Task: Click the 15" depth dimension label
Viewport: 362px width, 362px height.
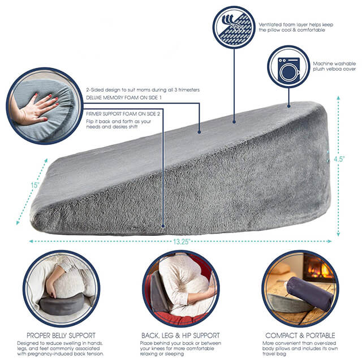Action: (x=35, y=185)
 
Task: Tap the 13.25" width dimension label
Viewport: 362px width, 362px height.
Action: (x=182, y=242)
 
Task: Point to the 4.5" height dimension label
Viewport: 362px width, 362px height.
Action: (x=339, y=159)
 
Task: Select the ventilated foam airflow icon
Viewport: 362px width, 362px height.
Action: (x=234, y=27)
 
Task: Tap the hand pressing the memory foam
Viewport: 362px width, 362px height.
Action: (x=35, y=109)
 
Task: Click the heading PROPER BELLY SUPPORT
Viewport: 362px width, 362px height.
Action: (x=61, y=335)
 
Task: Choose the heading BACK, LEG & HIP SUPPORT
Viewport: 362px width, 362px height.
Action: (x=180, y=335)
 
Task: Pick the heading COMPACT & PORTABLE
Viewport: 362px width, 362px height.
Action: (x=300, y=335)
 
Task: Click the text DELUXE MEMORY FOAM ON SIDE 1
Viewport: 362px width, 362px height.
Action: (x=124, y=98)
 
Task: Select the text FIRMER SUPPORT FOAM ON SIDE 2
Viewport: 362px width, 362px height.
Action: (x=123, y=114)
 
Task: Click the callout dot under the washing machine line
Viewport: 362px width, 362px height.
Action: (x=288, y=106)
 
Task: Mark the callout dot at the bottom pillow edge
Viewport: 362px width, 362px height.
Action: (x=163, y=226)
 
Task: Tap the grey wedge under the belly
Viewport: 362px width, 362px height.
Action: (x=62, y=305)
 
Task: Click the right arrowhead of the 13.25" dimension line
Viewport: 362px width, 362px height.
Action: (x=330, y=242)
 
